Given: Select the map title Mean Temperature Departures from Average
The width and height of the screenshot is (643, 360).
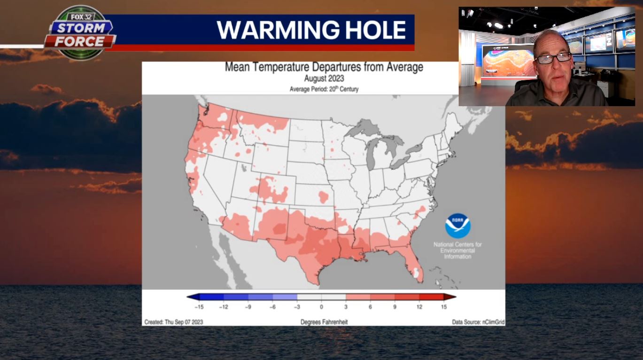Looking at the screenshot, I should click(324, 67).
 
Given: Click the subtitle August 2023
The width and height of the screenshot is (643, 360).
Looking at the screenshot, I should click(324, 78).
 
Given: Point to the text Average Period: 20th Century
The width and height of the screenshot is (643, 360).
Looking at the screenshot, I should click(324, 89).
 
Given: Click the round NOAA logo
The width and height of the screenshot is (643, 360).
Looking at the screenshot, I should click(457, 226).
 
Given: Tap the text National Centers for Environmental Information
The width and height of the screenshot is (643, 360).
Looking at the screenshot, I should click(457, 250).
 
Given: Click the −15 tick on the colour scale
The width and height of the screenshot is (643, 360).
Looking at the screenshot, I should click(199, 307).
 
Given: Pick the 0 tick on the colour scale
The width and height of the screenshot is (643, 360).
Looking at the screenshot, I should click(322, 307).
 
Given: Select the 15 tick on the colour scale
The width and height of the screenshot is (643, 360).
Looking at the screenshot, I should click(444, 307).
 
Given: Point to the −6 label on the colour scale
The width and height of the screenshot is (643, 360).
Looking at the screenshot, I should click(272, 307).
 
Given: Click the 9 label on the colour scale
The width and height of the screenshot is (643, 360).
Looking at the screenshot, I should click(395, 307).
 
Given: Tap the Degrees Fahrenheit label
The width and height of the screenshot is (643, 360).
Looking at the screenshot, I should click(324, 322).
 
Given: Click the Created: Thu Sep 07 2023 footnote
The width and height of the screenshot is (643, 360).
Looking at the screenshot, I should click(174, 322).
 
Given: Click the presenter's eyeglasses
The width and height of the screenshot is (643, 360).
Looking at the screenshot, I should click(553, 58).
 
